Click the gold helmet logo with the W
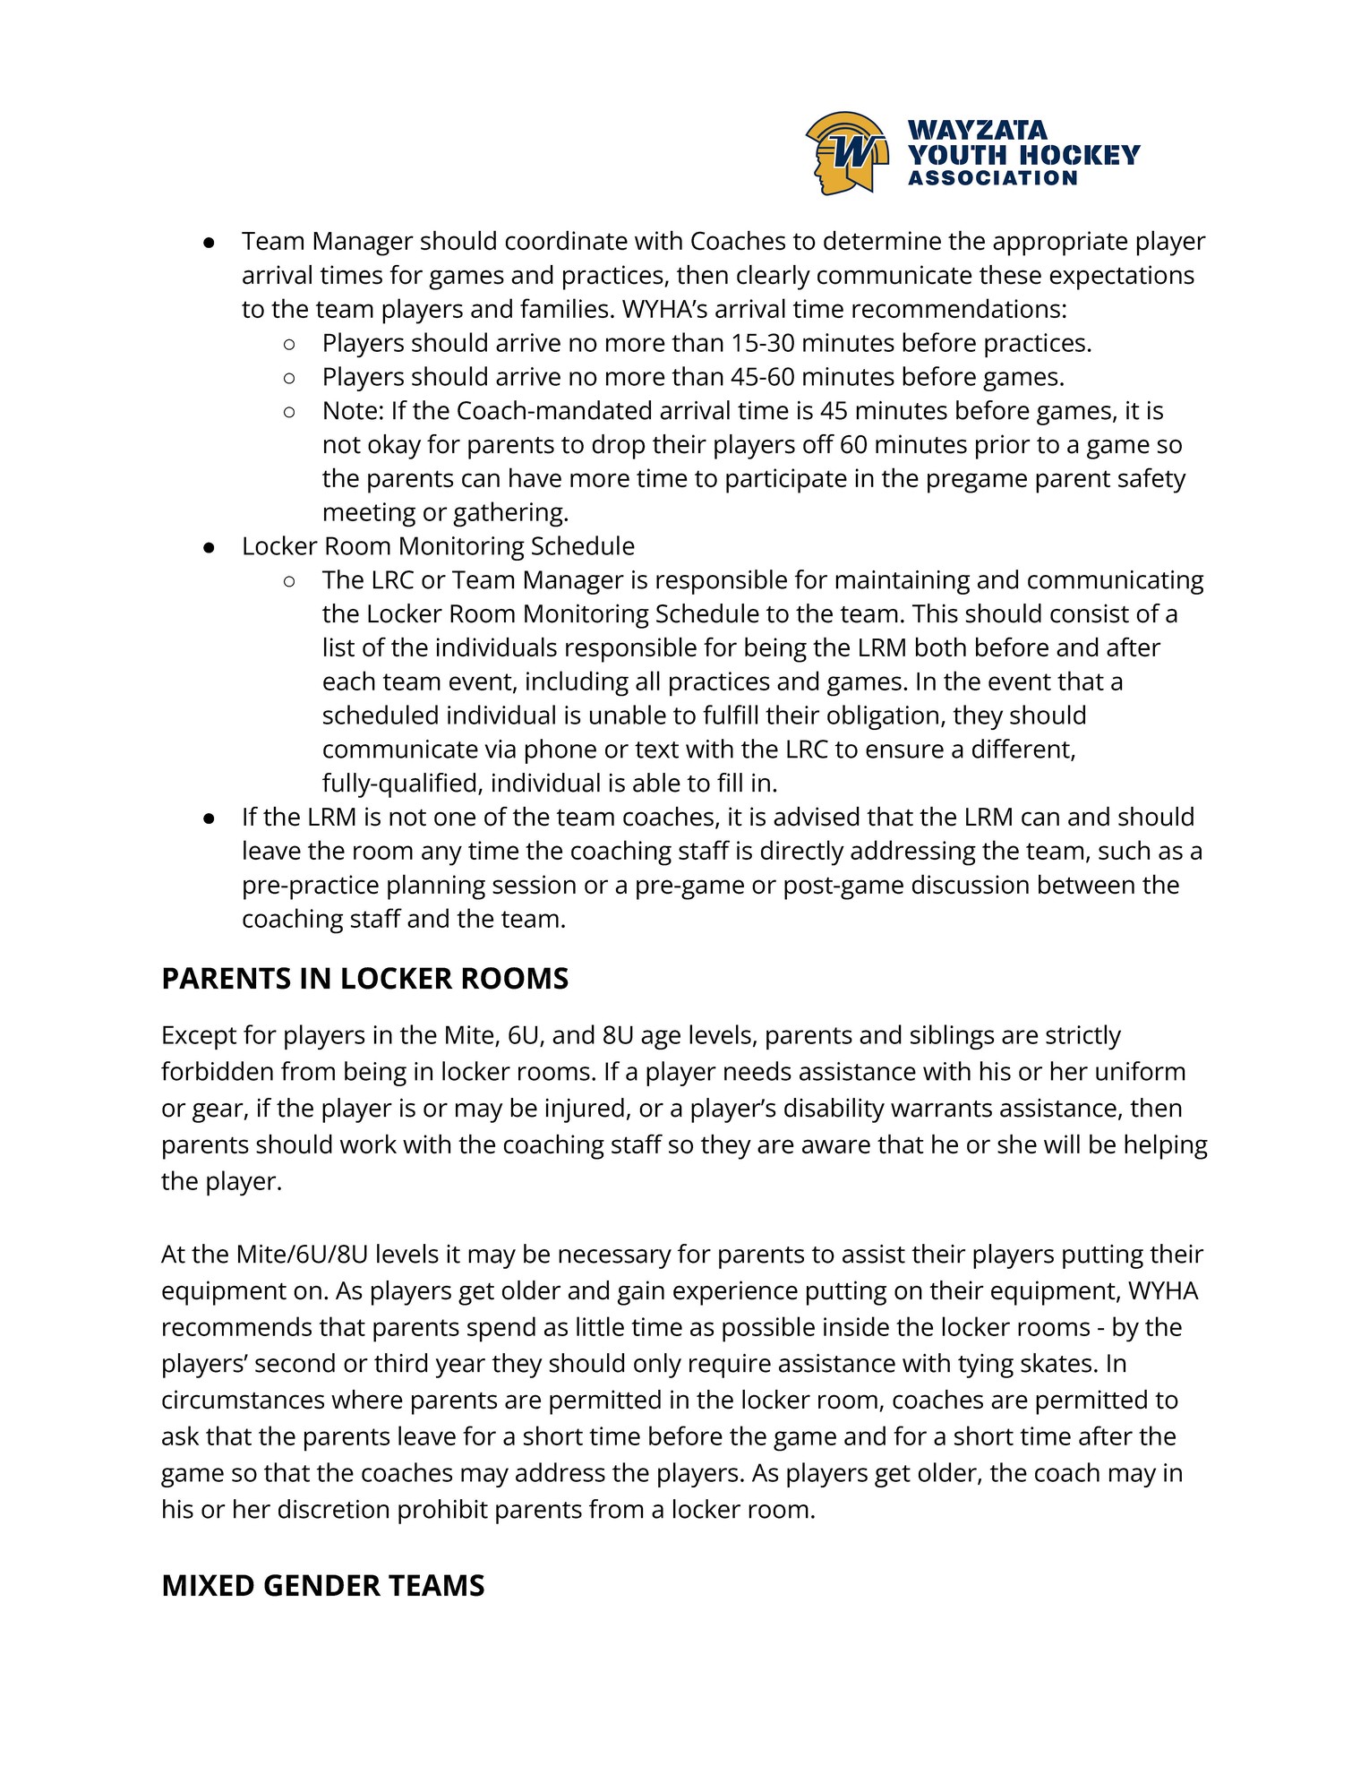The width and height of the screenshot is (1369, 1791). point(847,153)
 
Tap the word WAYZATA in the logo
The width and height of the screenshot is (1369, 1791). point(978,131)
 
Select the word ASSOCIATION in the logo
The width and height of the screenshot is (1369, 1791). point(993,178)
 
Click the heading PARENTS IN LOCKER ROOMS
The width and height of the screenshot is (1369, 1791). point(364,979)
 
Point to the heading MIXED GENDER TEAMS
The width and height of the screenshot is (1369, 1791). point(322,1586)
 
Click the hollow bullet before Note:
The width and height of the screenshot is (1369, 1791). point(288,411)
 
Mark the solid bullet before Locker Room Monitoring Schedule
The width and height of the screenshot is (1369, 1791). point(208,547)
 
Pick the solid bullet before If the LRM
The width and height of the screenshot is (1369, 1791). point(208,818)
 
